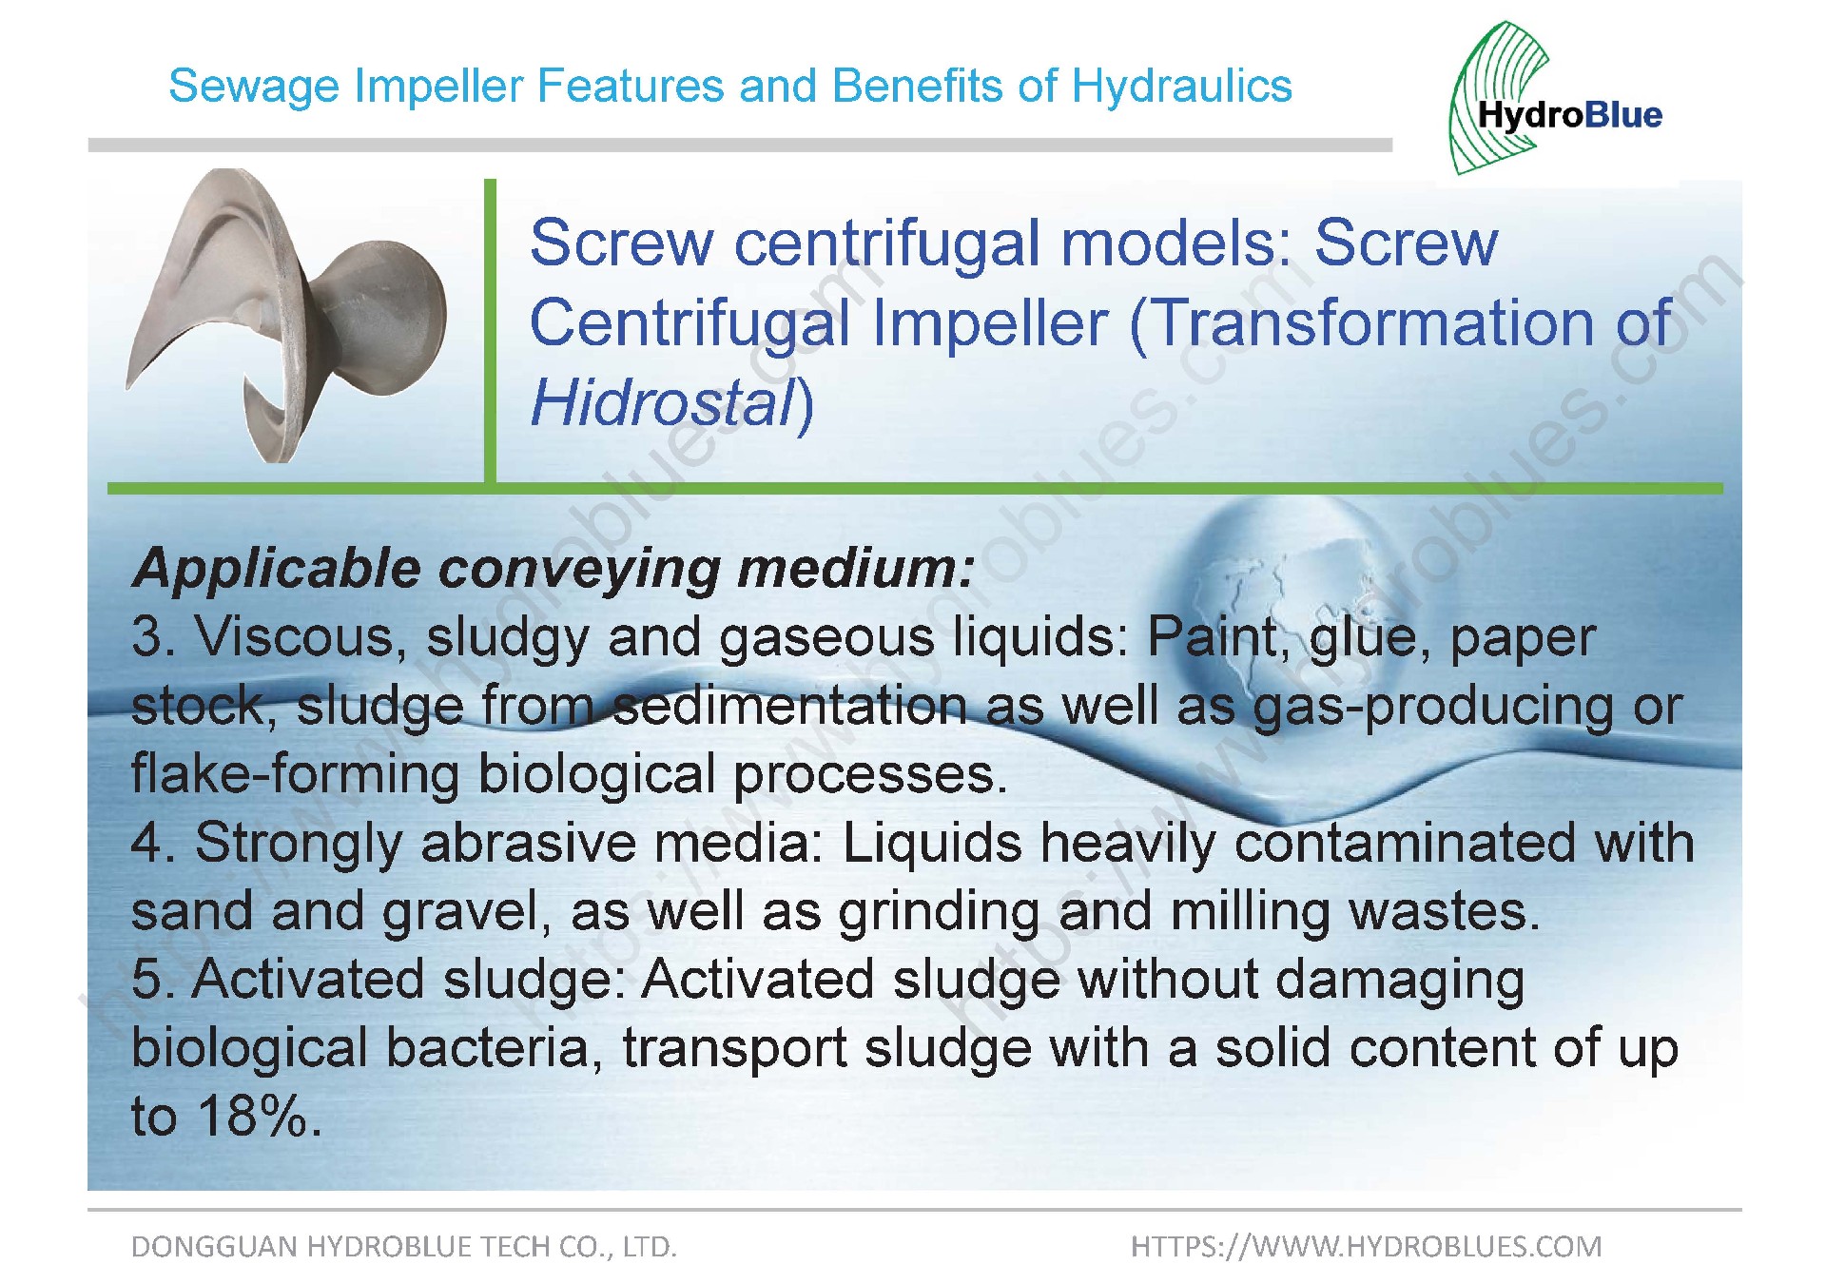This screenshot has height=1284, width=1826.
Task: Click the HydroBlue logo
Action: pyautogui.click(x=1556, y=99)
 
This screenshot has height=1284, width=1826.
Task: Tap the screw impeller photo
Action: pyautogui.click(x=286, y=315)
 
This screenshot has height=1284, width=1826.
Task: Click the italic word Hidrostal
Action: pyautogui.click(x=664, y=402)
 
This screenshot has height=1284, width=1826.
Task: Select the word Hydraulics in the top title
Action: pyautogui.click(x=1182, y=87)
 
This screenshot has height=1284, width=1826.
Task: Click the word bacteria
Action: pyautogui.click(x=495, y=1048)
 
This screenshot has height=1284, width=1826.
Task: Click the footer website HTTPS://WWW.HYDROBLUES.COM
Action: pyautogui.click(x=1366, y=1246)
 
